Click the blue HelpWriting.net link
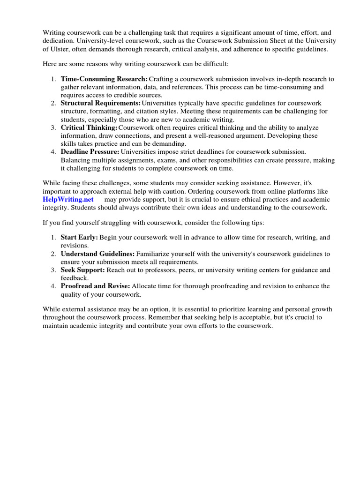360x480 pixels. [x=68, y=199]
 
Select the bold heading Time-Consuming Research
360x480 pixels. [x=104, y=79]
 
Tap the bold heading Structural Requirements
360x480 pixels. [x=101, y=103]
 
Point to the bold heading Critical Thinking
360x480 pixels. [x=89, y=127]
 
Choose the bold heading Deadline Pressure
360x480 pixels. [x=90, y=151]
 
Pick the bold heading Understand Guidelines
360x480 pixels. [x=97, y=254]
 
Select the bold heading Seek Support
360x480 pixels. [x=82, y=270]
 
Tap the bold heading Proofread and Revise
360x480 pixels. [x=96, y=286]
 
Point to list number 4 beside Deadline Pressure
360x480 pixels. [x=53, y=151]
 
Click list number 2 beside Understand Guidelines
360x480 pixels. [x=53, y=254]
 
